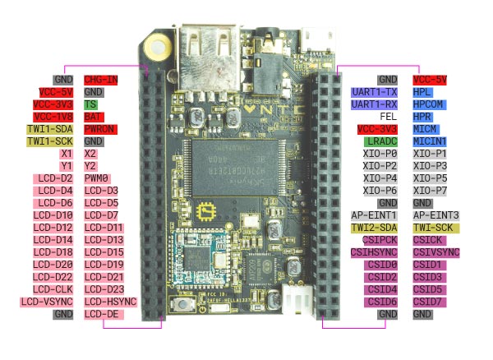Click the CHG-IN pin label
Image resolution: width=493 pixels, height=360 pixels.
[100, 80]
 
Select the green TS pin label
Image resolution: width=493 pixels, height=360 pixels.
[91, 104]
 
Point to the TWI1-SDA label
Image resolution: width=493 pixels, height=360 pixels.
[51, 129]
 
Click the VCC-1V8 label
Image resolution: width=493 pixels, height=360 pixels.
[53, 117]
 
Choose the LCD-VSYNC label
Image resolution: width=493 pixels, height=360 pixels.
[48, 302]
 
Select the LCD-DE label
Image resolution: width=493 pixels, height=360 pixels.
[101, 314]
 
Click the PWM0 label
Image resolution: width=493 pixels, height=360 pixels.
[97, 178]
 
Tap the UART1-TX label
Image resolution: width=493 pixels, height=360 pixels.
[375, 92]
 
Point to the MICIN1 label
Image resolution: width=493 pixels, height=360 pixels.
[430, 141]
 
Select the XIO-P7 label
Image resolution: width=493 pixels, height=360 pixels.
[430, 191]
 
